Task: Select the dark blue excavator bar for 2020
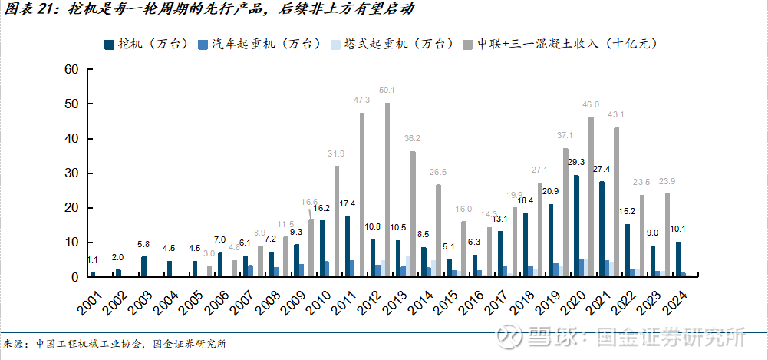576,226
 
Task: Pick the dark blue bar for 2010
322,248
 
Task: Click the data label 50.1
387,91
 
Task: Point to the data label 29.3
576,163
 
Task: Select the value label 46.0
590,105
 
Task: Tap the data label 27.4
602,170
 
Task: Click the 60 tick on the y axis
71,69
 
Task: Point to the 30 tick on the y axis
71,173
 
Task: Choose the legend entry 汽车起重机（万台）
265,44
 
